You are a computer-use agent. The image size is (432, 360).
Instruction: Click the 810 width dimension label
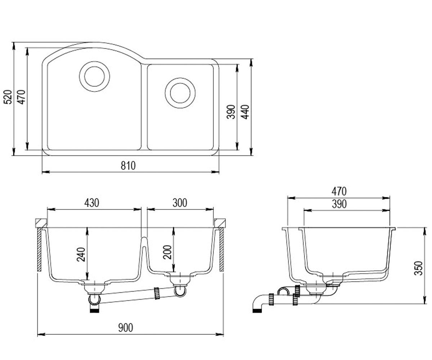128,165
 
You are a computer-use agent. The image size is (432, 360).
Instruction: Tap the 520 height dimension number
8,97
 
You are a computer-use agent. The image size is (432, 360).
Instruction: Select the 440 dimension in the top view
246,112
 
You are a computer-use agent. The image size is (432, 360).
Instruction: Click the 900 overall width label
126,328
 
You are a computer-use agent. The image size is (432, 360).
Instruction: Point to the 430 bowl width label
92,203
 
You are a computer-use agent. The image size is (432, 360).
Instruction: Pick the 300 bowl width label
180,203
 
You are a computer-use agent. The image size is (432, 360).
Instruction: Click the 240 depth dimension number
81,255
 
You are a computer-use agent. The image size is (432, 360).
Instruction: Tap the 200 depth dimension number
167,252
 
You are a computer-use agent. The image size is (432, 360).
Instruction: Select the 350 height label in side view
418,268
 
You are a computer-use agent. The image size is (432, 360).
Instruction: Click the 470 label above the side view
339,192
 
